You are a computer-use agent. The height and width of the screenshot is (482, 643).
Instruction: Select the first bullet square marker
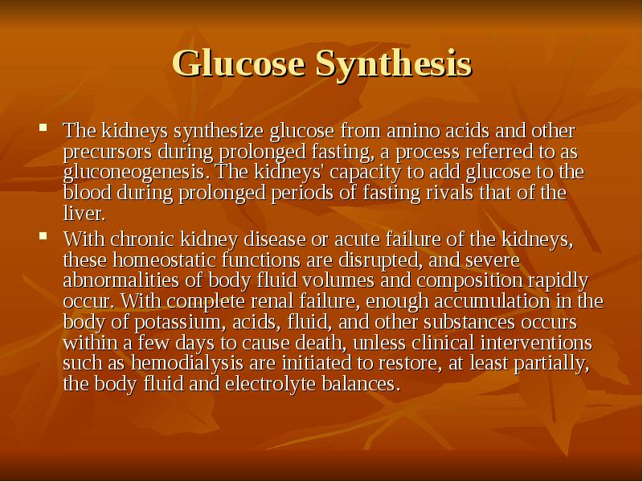coord(45,128)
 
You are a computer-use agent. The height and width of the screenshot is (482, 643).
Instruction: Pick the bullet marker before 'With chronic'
coord(45,237)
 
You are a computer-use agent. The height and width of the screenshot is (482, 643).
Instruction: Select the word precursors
coord(103,151)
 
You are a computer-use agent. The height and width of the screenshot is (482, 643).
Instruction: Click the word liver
coord(82,214)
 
